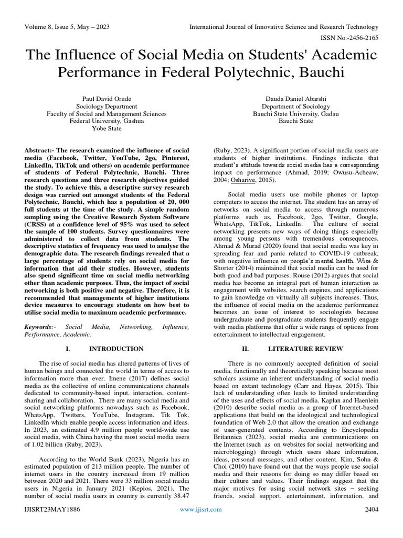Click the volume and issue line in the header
pyautogui.click(x=68, y=27)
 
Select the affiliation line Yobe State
pyautogui.click(x=107, y=128)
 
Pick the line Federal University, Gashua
pyautogui.click(x=107, y=120)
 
